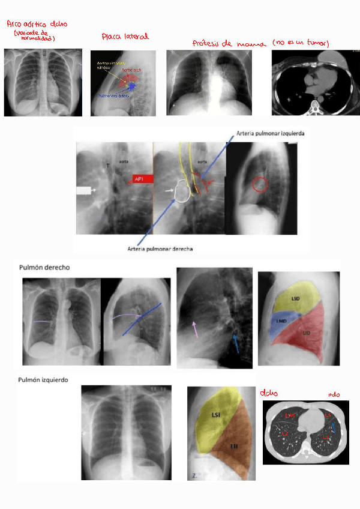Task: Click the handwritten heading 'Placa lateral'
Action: (125, 37)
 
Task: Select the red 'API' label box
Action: (143, 178)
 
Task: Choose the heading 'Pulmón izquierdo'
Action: (43, 380)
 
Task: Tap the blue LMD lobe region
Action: (280, 322)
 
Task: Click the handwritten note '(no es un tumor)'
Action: (301, 43)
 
